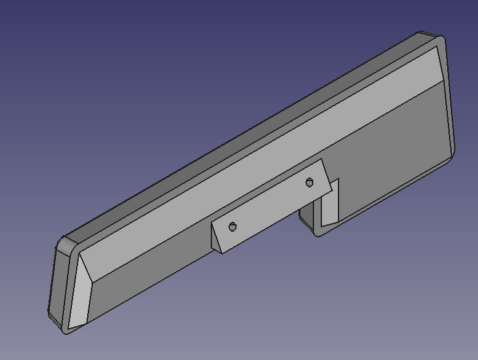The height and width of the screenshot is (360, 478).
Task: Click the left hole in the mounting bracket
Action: click(x=232, y=227)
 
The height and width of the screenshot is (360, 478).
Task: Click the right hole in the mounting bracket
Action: click(x=310, y=182)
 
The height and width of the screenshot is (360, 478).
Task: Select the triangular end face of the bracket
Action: click(x=217, y=237)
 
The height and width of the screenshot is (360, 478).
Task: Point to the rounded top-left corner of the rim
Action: click(x=63, y=243)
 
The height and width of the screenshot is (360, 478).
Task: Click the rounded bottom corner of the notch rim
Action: click(x=319, y=233)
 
